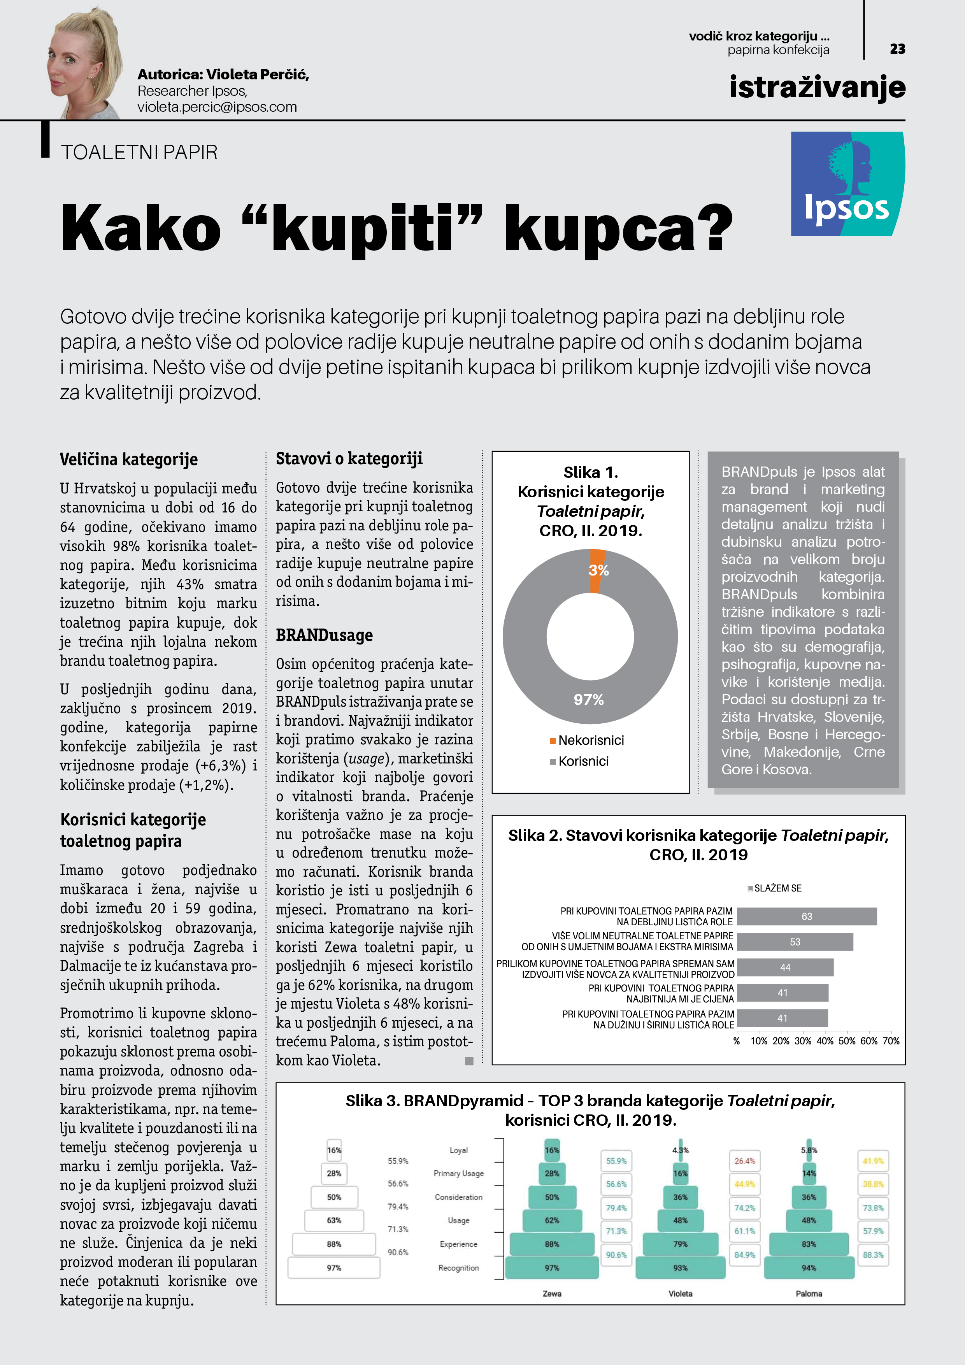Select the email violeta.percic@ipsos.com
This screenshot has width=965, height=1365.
tap(217, 107)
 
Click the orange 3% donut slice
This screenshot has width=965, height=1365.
tap(598, 570)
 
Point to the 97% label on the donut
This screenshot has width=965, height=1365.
tap(589, 700)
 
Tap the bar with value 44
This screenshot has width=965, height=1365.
tap(785, 967)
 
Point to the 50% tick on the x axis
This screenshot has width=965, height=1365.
tap(847, 1041)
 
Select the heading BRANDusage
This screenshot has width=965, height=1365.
tap(324, 635)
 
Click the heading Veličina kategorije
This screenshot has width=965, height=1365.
tap(128, 459)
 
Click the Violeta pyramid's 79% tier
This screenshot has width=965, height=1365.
tap(680, 1244)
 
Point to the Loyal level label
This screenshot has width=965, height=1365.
tap(458, 1150)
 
